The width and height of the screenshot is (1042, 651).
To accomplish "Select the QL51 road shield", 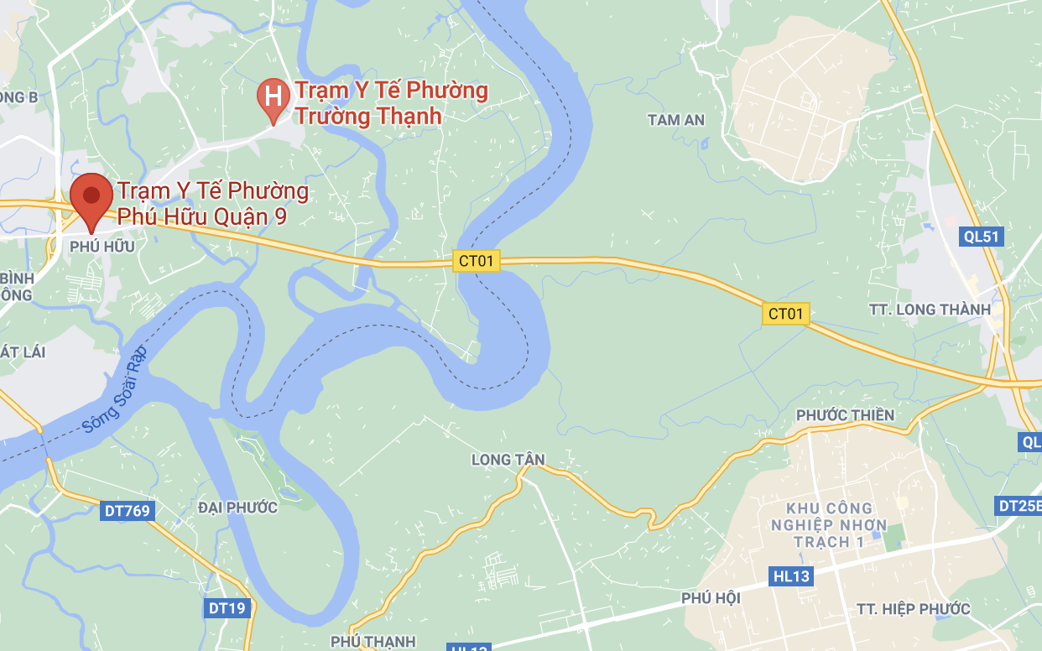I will coord(982,237).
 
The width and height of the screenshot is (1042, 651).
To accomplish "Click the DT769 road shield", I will coord(127,509).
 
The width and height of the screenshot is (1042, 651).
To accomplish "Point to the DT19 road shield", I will coord(227,608).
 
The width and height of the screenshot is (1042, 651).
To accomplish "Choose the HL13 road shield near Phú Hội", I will coord(790,576).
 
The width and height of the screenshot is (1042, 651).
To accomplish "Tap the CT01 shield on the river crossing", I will coord(476,261).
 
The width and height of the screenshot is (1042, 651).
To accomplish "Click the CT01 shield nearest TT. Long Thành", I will coord(786,314).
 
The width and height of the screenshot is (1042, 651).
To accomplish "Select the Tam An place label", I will coord(676,120).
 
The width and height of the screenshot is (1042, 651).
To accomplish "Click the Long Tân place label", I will coord(508,460).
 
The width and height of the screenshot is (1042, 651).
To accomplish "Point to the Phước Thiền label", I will coord(845,415).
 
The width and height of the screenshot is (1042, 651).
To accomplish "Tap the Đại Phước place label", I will coord(237,508).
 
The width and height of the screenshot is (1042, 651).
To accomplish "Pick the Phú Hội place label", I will coord(711,597).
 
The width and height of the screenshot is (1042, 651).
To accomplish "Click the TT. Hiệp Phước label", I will coord(914,609).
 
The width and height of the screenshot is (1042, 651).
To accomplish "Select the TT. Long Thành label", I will coord(930,310).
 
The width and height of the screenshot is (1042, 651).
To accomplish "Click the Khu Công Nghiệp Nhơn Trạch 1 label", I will coord(829,525).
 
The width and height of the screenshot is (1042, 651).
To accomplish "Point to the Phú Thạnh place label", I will coord(373,642).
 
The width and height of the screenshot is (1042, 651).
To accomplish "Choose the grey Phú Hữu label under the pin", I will coord(102,247).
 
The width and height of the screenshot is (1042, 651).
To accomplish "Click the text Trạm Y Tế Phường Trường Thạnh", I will coord(391,102).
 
